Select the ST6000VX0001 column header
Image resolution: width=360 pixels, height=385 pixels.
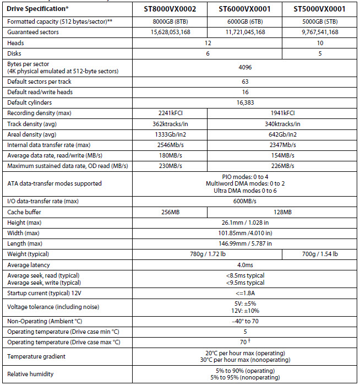tap(245, 9)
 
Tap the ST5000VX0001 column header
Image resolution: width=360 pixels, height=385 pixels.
tap(319, 9)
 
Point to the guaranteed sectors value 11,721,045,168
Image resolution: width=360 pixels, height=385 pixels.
tap(245, 32)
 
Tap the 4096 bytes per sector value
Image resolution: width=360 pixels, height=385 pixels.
tap(245, 67)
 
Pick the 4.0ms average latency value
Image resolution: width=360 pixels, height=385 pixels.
tap(245, 264)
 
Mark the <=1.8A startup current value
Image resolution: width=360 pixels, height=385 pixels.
tap(245, 292)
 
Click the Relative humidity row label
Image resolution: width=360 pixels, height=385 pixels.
tap(31, 374)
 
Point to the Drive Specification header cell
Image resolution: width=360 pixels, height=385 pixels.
tap(37, 9)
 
